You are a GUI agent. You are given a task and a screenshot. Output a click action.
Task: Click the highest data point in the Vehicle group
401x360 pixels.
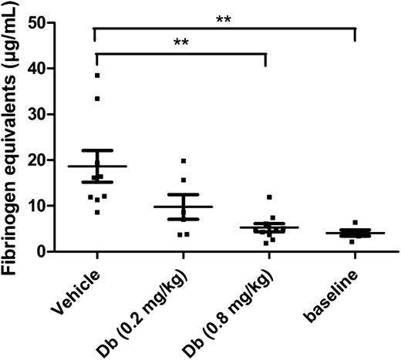[97, 75]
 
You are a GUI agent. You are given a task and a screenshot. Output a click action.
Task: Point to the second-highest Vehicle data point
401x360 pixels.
[97, 99]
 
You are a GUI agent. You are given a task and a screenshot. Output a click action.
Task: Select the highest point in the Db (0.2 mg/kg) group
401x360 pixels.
[184, 161]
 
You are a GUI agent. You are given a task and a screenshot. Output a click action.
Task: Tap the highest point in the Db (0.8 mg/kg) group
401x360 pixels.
[269, 197]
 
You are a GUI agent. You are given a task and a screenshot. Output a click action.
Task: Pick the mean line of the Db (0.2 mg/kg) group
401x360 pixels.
[184, 207]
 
